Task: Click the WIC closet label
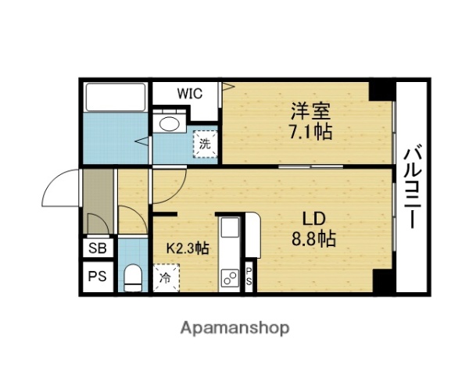tap(189, 94)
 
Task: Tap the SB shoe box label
tap(98, 249)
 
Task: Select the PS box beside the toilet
tap(98, 277)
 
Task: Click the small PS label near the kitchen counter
tap(249, 277)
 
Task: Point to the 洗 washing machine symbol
tap(205, 144)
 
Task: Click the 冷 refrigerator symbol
tap(166, 277)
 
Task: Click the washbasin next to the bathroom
tap(168, 122)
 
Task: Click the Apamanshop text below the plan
tap(234, 327)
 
